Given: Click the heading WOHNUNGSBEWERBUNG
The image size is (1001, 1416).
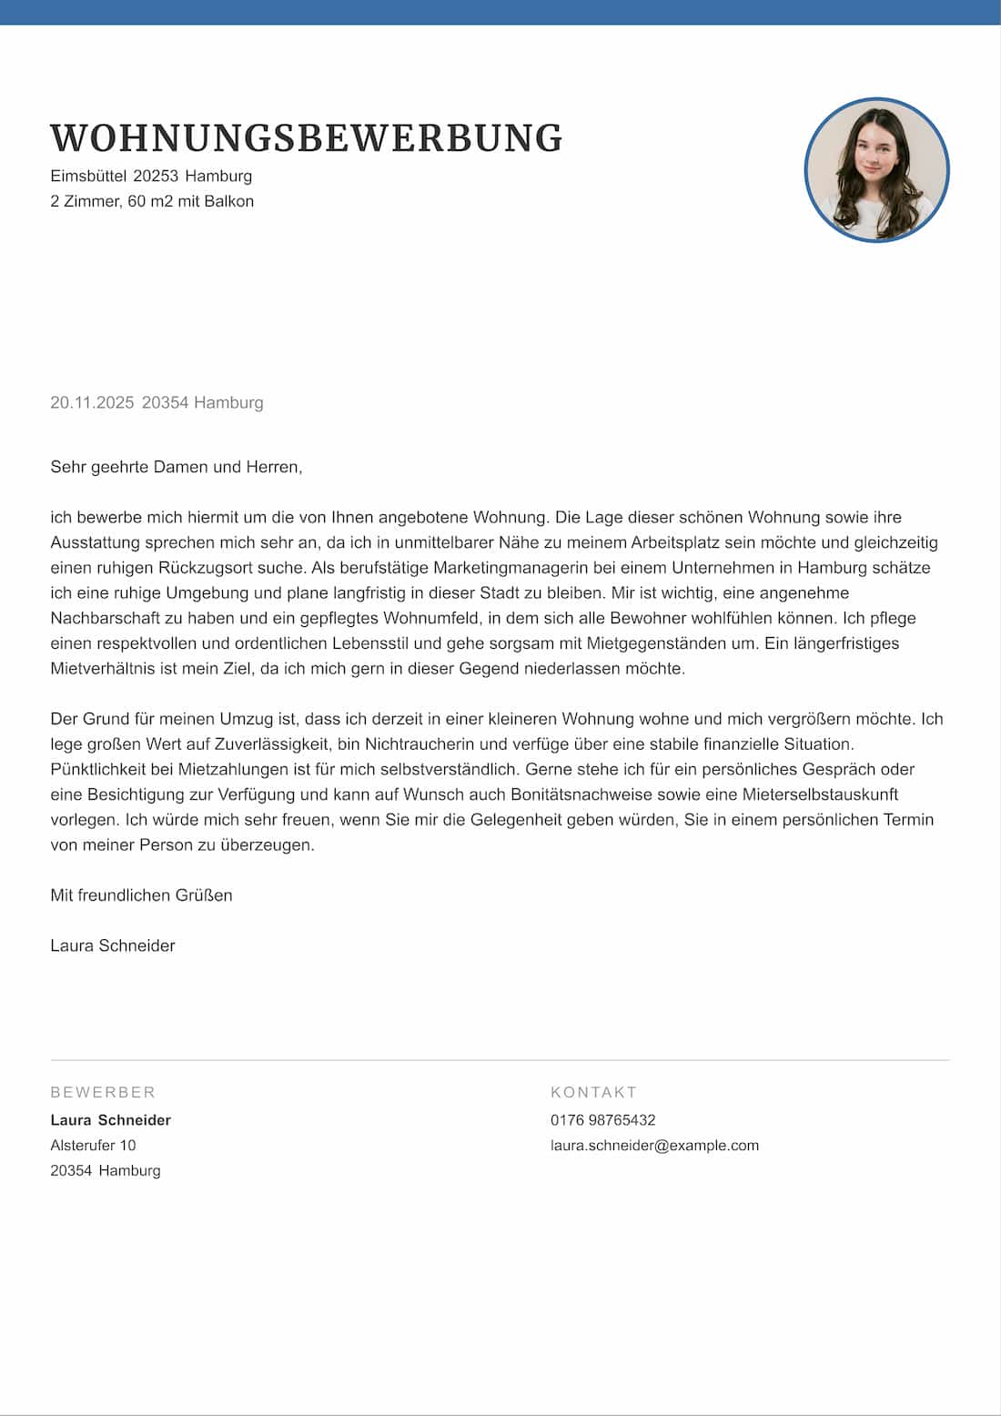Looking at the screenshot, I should [306, 138].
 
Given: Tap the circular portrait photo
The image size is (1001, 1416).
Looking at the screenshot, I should [876, 170].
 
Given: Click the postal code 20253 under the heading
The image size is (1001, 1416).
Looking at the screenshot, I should [156, 176].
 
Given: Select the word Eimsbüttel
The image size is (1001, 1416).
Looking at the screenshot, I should [88, 176].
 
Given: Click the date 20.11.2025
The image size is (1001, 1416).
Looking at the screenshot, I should [92, 402].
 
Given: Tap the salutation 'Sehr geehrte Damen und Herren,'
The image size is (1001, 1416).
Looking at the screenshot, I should [176, 467].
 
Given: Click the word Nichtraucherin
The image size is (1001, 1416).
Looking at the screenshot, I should [420, 744].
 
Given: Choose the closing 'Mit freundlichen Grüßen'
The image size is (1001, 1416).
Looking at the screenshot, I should [141, 895].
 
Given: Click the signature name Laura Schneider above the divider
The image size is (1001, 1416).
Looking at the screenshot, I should [112, 946].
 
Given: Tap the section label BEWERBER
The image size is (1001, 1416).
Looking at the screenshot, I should [103, 1092].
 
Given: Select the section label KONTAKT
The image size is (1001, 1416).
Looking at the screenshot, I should [593, 1092].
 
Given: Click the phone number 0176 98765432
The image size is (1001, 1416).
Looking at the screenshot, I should [602, 1120].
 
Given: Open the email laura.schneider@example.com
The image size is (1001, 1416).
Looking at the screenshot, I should [654, 1146].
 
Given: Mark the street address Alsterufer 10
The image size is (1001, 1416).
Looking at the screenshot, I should [93, 1146].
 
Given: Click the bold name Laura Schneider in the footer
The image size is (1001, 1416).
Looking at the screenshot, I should [110, 1120].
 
